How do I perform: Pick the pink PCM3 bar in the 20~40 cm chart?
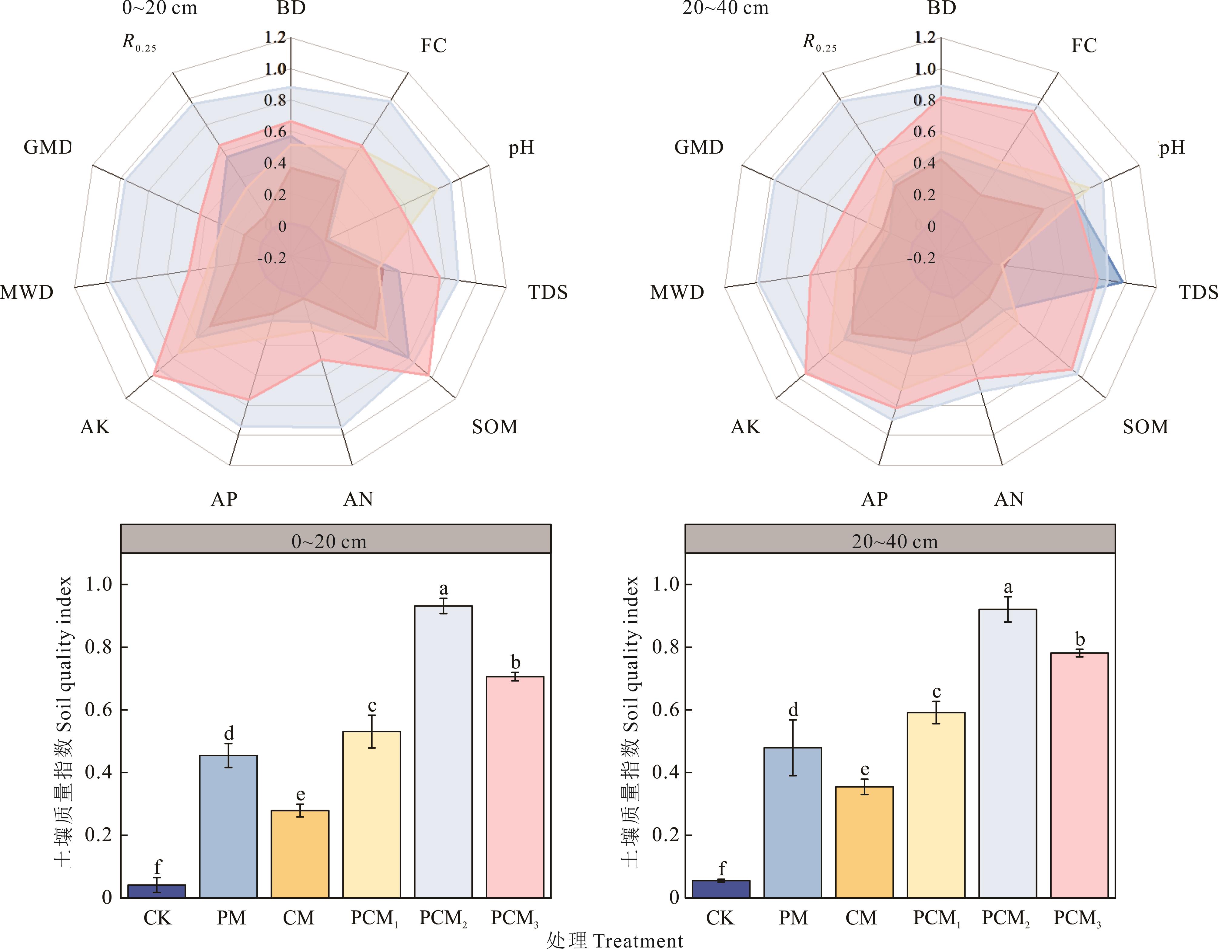point(1079,775)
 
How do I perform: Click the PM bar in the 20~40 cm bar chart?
point(793,822)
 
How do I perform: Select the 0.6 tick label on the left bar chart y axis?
point(98,710)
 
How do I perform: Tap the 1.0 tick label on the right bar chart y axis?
point(666,584)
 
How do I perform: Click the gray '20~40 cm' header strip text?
point(894,541)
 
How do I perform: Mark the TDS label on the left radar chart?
point(548,292)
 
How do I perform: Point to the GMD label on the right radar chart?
point(698,147)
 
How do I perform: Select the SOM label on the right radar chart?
point(1145,427)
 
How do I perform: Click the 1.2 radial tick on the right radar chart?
point(925,37)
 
